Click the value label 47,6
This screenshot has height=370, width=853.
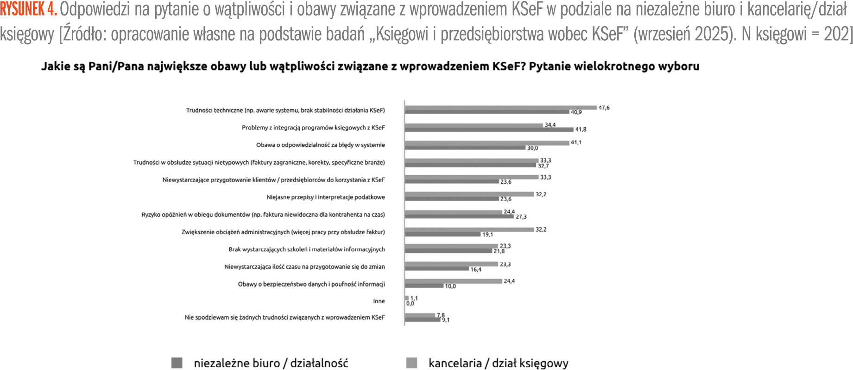(604, 108)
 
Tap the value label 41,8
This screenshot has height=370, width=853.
(581, 130)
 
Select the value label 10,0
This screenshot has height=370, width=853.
(450, 286)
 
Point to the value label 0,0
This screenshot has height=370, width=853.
(410, 304)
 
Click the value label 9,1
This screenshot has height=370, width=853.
(445, 320)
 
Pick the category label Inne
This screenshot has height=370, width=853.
(379, 301)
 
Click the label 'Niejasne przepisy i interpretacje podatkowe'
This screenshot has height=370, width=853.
(325, 197)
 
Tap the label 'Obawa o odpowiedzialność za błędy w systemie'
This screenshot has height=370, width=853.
(320, 145)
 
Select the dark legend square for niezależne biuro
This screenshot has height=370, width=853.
(177, 363)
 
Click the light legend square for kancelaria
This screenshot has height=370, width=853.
(411, 363)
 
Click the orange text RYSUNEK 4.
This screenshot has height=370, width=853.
(28, 9)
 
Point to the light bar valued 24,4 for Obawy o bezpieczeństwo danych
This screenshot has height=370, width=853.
(453, 281)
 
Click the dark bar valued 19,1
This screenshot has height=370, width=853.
(442, 234)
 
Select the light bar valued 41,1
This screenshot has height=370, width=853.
(487, 143)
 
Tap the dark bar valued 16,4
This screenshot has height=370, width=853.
(436, 269)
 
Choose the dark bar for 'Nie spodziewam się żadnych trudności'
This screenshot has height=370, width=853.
(422, 320)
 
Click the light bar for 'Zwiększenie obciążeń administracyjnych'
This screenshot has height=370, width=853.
(469, 229)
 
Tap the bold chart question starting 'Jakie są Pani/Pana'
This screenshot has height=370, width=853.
(370, 66)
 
